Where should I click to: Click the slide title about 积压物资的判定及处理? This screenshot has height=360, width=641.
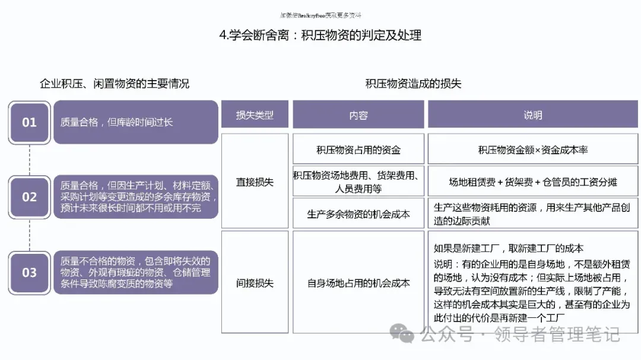[x=320, y=36]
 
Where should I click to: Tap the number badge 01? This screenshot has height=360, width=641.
[x=29, y=122]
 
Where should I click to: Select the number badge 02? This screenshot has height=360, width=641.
[x=29, y=197]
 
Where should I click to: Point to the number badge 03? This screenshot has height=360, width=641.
[x=29, y=272]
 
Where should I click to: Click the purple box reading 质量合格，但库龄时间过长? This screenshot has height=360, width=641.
[x=135, y=122]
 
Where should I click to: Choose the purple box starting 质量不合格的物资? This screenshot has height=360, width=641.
[x=135, y=272]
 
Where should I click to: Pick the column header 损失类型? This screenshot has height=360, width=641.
[x=255, y=115]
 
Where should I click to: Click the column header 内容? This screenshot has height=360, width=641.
[x=358, y=115]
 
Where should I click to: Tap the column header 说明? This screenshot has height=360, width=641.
[x=532, y=115]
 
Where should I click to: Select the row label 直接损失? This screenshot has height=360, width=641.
[x=255, y=182]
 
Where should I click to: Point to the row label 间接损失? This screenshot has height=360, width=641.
[x=255, y=283]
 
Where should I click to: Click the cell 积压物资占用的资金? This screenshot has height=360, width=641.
[x=358, y=149]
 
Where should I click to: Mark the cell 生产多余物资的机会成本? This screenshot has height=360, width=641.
[x=358, y=214]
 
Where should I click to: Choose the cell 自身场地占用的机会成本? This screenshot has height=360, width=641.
[x=358, y=283]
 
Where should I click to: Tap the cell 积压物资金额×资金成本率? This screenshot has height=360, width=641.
[x=532, y=149]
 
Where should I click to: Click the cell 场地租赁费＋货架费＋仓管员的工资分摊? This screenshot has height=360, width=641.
[x=532, y=182]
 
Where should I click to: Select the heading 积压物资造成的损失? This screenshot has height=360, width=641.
[x=413, y=84]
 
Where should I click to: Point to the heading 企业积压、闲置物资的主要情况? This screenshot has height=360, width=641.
[x=115, y=84]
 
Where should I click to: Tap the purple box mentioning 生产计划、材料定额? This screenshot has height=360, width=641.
[x=135, y=197]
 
